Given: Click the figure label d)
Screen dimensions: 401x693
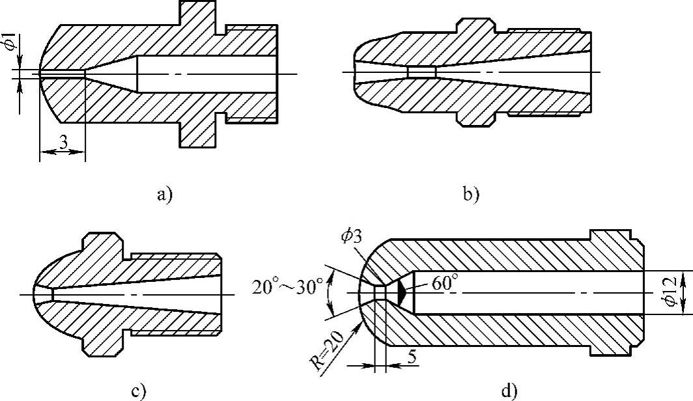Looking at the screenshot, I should (x=509, y=391).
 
